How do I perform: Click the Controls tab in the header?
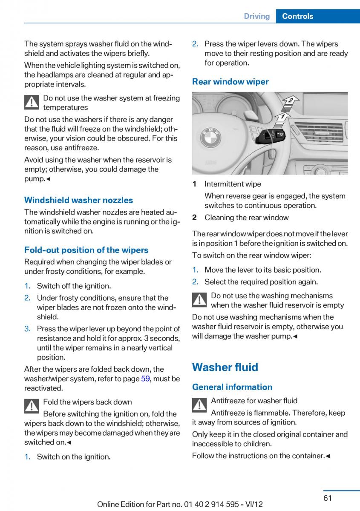tap(297, 16)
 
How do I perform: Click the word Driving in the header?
tap(256, 16)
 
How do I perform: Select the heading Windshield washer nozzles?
tap(78, 200)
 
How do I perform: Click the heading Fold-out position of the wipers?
tap(86, 250)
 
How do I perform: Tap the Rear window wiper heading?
tap(230, 82)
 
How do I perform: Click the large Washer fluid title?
tap(225, 367)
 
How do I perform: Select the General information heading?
tap(232, 387)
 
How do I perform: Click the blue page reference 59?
tap(145, 379)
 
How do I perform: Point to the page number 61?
tap(327, 498)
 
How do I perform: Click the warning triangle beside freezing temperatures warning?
tap(32, 103)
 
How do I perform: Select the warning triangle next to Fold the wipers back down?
tap(32, 406)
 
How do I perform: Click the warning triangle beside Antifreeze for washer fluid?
tap(199, 405)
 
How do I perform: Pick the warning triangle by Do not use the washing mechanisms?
tap(199, 300)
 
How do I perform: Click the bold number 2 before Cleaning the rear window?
tap(194, 218)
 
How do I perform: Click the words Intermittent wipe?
tap(233, 184)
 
